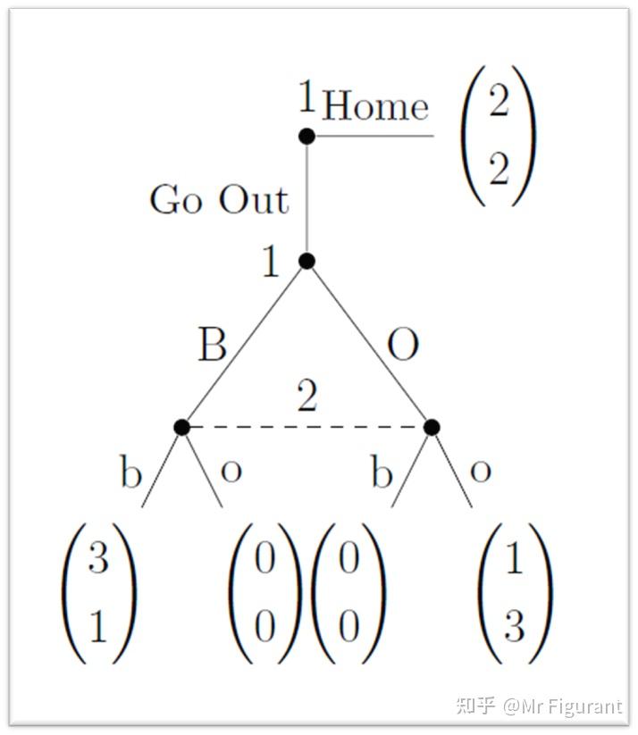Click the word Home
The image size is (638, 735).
(x=375, y=106)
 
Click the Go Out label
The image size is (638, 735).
(x=219, y=200)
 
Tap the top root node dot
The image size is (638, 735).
(x=306, y=136)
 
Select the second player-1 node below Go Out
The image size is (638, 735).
(x=306, y=261)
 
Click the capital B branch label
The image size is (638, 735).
(x=212, y=345)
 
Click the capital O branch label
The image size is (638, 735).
(x=403, y=345)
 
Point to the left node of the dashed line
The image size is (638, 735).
(x=182, y=427)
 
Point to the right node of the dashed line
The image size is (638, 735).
(x=432, y=427)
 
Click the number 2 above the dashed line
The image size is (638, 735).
(x=307, y=398)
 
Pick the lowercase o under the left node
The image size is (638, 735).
(x=231, y=472)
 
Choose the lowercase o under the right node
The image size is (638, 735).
(x=481, y=472)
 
